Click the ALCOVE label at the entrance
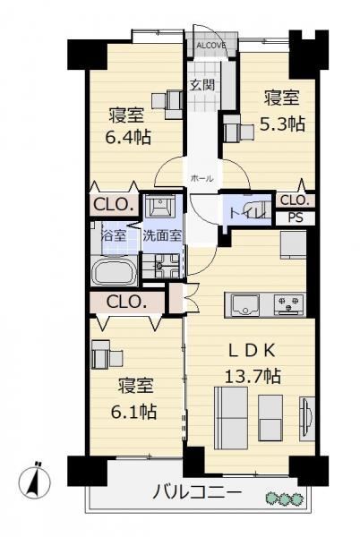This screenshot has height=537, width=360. [211, 46]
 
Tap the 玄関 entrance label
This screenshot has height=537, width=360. [203, 85]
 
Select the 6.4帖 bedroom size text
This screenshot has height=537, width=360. [128, 138]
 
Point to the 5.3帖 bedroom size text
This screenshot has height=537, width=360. [282, 124]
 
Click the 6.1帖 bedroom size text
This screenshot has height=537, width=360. [133, 412]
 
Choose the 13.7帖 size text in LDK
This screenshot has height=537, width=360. [253, 377]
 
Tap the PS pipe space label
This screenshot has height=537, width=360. [296, 217]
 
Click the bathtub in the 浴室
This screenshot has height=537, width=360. [115, 271]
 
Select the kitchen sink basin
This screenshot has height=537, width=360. [245, 305]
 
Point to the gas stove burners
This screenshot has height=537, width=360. [288, 304]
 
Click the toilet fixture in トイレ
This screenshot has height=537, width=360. [258, 208]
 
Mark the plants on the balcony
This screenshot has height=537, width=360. [285, 499]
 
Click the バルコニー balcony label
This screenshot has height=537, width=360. [197, 493]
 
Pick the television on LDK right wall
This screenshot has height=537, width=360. [307, 419]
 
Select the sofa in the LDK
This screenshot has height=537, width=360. [230, 417]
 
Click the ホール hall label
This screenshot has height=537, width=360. [201, 178]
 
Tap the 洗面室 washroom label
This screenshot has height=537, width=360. [162, 236]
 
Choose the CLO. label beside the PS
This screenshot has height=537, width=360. [296, 200]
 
